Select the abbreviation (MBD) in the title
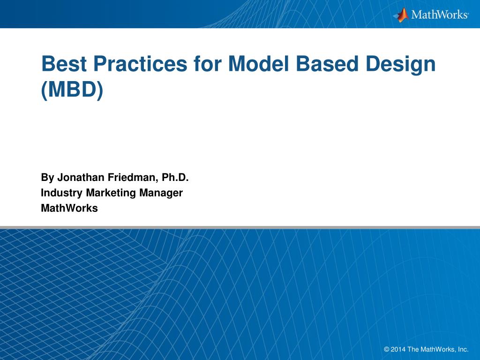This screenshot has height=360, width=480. click(x=72, y=90)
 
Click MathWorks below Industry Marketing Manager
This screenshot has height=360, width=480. click(x=69, y=208)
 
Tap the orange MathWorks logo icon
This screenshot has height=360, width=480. click(x=401, y=15)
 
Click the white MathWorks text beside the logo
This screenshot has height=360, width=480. click(x=440, y=15)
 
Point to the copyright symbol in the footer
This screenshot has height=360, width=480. click(x=386, y=349)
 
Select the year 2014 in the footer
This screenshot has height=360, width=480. click(x=398, y=349)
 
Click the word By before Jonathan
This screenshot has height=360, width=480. click(x=47, y=178)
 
